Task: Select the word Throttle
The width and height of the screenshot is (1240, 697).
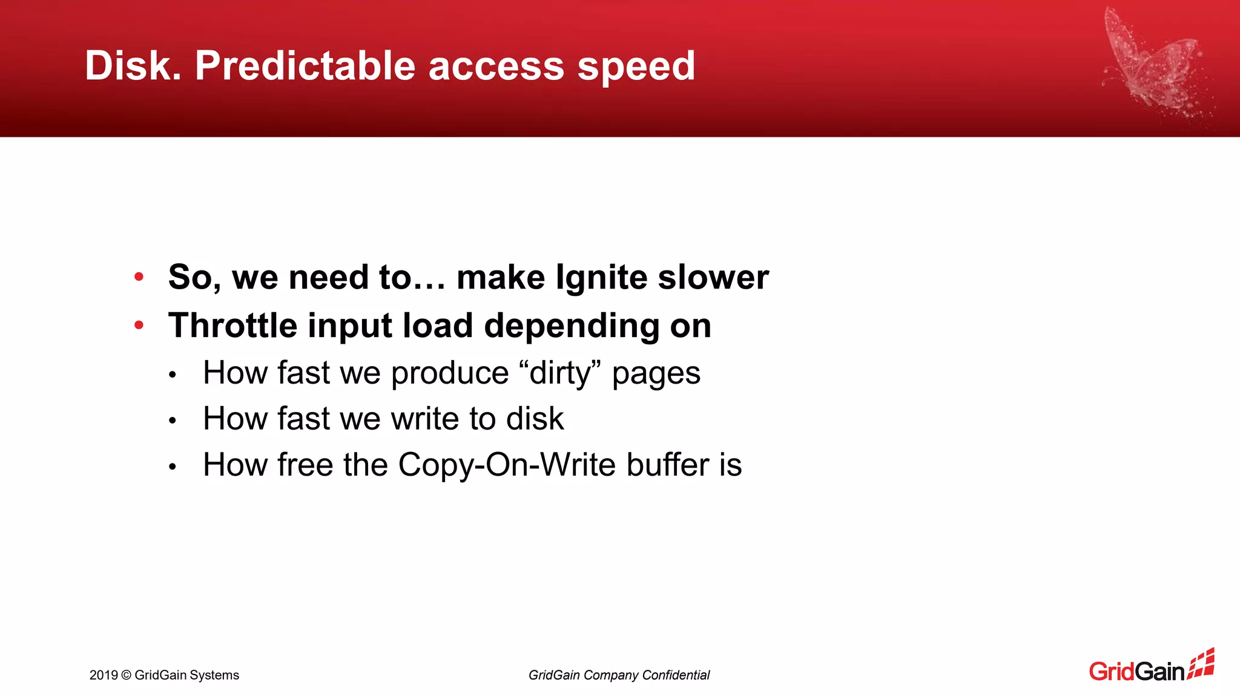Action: (232, 326)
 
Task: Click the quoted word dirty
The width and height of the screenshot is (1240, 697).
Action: (560, 373)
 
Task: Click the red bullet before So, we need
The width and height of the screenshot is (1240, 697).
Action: (139, 277)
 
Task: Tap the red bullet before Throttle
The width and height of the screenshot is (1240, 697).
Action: (139, 326)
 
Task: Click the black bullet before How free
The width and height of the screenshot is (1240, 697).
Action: (173, 466)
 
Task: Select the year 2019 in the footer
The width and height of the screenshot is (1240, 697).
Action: (104, 675)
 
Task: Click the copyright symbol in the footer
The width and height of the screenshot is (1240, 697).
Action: (126, 675)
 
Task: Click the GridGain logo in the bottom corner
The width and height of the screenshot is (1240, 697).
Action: (1151, 667)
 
